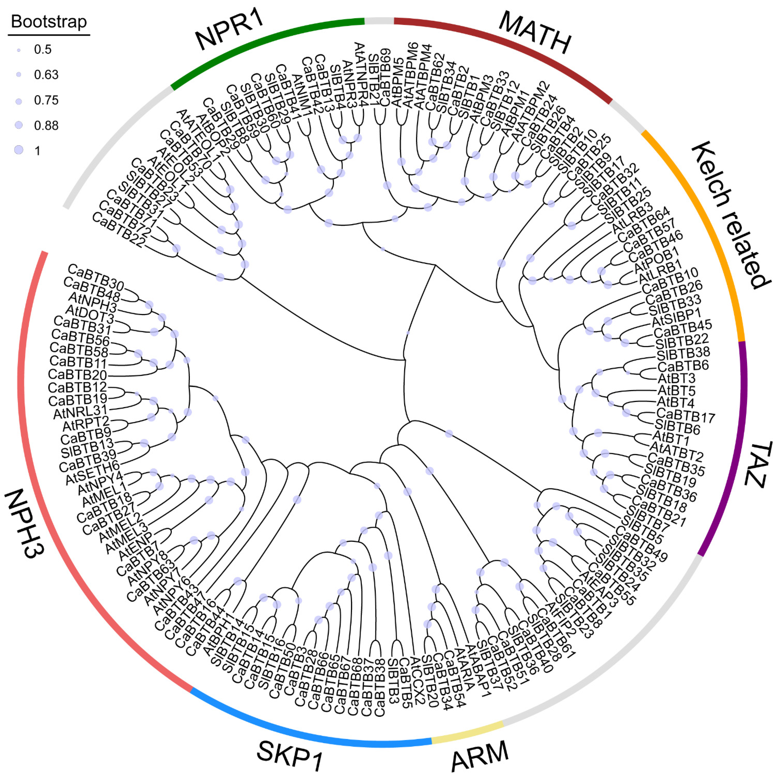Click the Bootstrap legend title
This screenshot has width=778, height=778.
click(49, 22)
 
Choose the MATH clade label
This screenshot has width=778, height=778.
click(535, 33)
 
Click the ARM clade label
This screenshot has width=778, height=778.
click(480, 755)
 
